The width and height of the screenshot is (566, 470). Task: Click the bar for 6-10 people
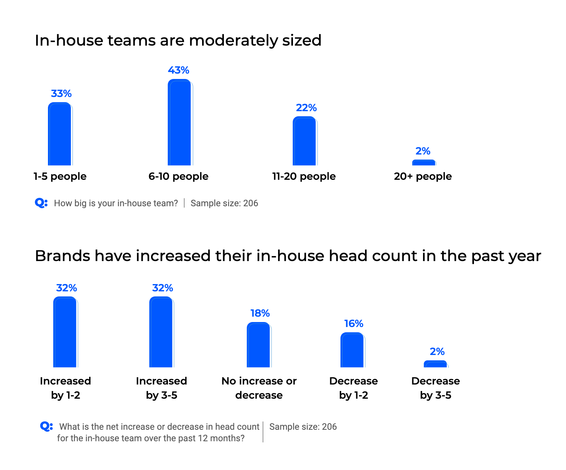179,123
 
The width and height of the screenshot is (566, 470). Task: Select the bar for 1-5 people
60,134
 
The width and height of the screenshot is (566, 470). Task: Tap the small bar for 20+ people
424,163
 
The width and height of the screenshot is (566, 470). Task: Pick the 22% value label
306,108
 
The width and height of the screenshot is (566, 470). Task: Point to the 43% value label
179,70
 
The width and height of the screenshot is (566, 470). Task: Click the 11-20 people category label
304,176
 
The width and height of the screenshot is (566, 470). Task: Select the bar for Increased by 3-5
161,332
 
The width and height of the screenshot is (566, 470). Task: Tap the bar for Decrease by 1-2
352,350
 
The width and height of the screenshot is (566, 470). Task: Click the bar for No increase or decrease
259,345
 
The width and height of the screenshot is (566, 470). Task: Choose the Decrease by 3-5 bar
436,364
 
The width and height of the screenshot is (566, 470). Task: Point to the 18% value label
260,314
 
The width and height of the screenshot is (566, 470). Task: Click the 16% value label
354,324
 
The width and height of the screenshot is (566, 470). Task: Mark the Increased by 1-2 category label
66,388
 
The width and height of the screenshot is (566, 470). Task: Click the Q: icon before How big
41,203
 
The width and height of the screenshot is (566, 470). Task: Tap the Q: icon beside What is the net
46,426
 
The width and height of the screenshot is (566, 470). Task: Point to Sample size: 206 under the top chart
224,203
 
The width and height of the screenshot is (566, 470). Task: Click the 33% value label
61,94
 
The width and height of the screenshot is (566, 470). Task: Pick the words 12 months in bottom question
219,438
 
